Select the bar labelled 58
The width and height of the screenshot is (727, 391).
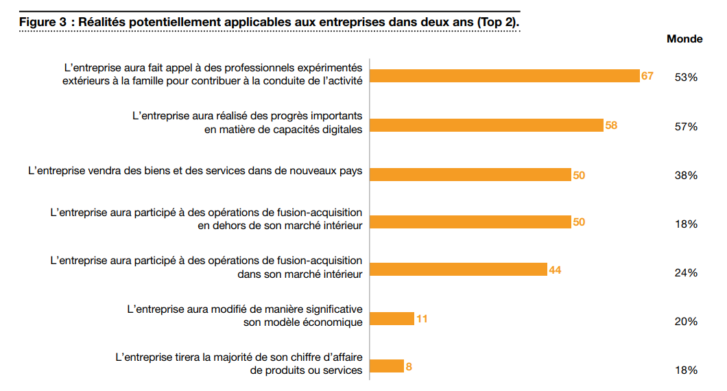[486, 125]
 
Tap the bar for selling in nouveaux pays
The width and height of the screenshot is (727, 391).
[470, 175]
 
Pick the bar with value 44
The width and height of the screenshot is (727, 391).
[457, 270]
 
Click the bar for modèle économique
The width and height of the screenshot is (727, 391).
[392, 318]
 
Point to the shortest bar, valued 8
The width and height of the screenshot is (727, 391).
[386, 366]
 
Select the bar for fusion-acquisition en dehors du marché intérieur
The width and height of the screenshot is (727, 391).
[470, 222]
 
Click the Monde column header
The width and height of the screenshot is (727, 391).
[684, 39]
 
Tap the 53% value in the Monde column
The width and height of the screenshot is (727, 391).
[686, 78]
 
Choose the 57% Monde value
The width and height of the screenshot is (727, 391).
[686, 127]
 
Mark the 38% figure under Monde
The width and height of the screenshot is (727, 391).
[686, 176]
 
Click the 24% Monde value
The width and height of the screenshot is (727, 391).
[686, 273]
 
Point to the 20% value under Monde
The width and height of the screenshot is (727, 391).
[686, 322]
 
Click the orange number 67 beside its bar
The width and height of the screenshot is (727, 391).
[647, 75]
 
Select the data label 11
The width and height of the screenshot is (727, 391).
[422, 318]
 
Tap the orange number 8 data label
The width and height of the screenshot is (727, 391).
[409, 366]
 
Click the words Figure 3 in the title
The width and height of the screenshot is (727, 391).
[43, 21]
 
